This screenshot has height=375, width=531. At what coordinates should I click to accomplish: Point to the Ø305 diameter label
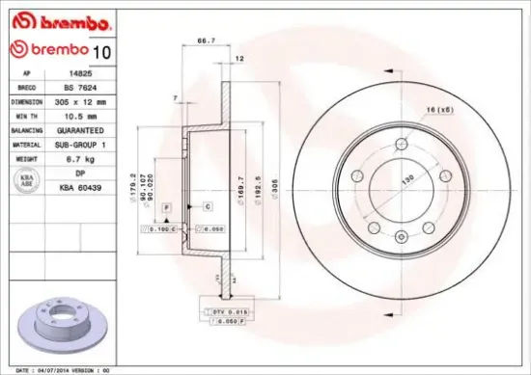[275, 186]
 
